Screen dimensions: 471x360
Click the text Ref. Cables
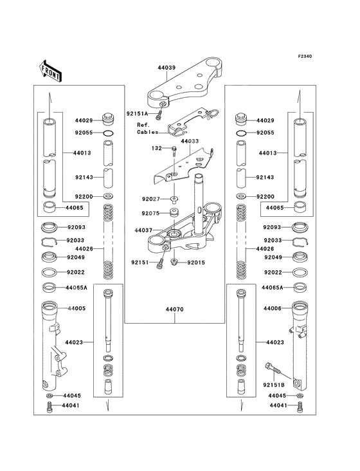tap(145, 128)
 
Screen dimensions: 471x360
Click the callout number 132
tap(156, 149)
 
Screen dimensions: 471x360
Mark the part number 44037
tap(145, 230)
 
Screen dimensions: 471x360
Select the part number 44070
tap(174, 310)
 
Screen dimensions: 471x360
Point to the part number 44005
tap(76, 309)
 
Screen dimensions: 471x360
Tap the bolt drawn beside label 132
tap(174, 151)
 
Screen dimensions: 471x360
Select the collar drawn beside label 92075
tap(174, 212)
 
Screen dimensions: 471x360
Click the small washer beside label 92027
tap(174, 199)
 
